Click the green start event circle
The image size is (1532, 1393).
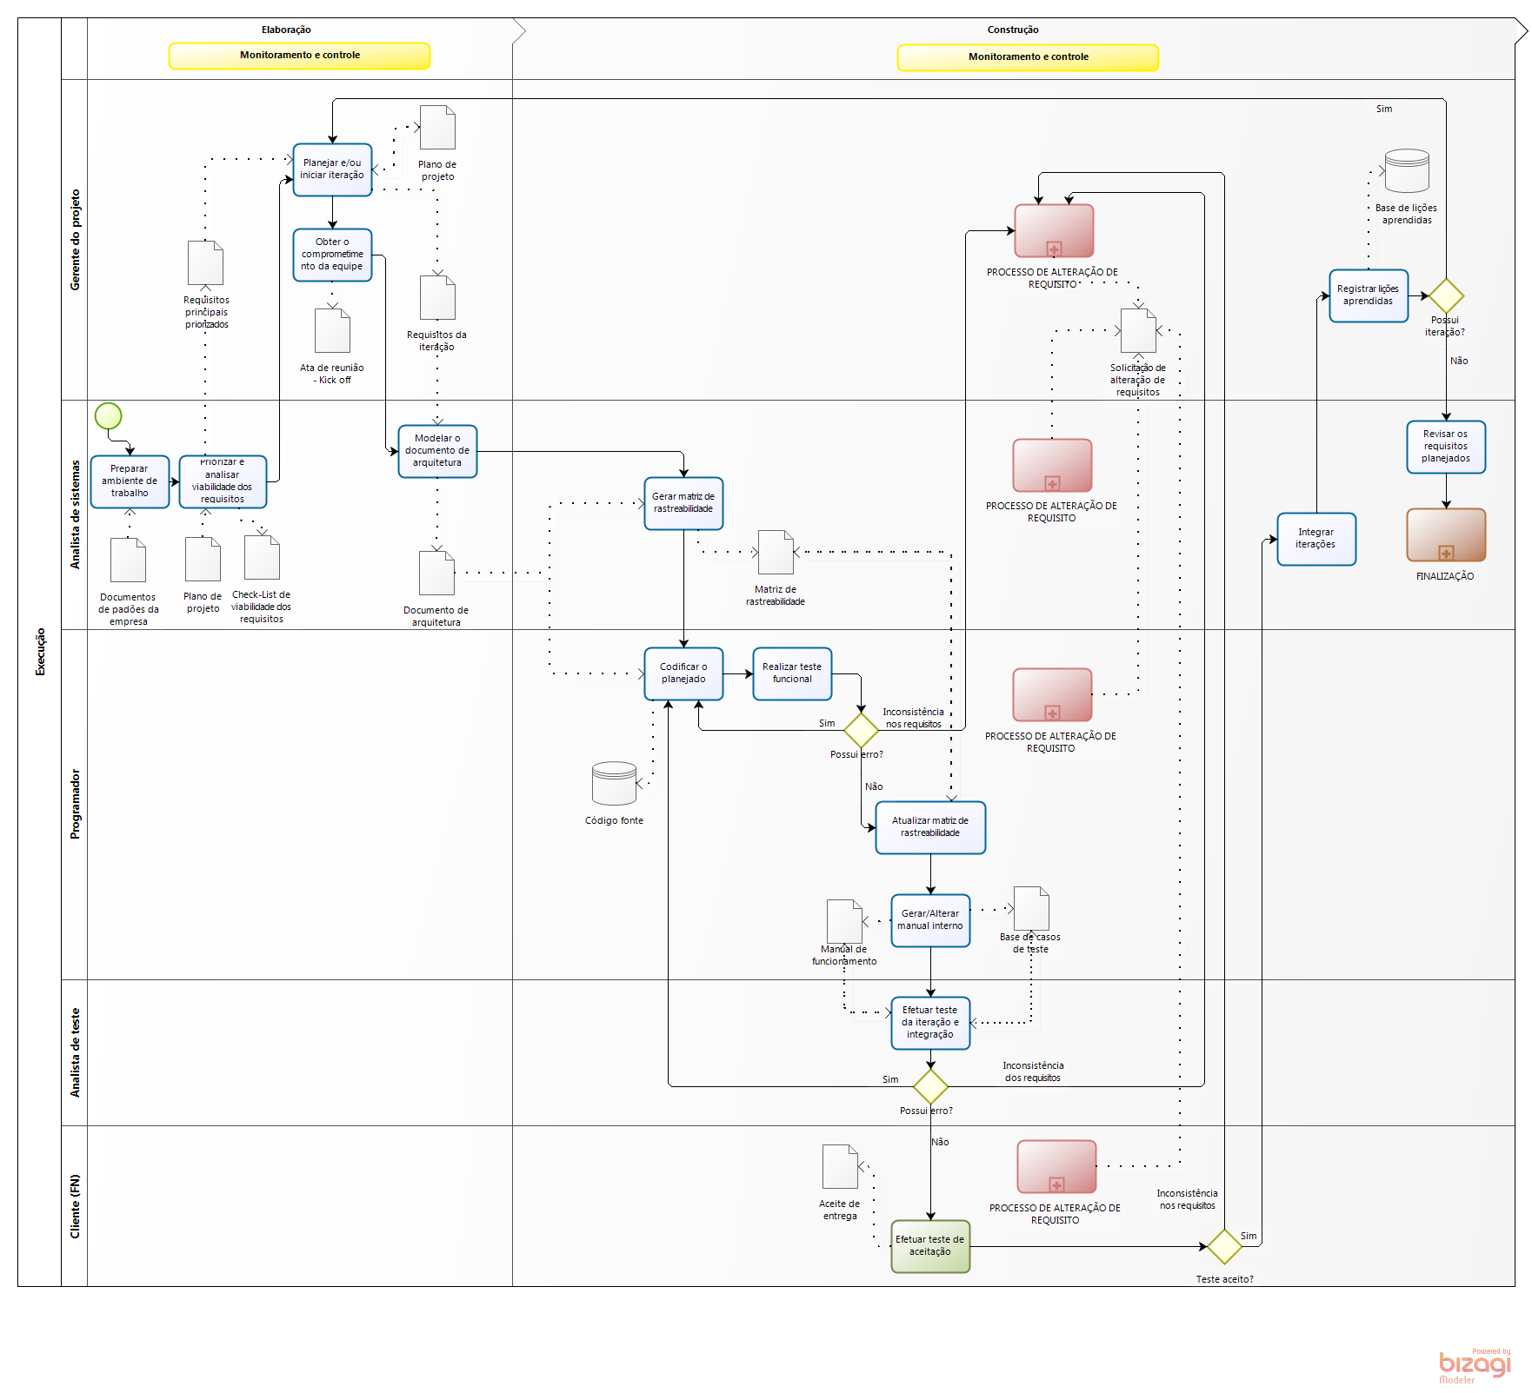point(108,416)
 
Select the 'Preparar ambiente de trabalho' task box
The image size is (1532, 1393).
point(130,481)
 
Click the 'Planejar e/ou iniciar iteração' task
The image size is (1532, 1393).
point(332,169)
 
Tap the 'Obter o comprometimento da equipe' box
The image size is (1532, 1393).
point(332,255)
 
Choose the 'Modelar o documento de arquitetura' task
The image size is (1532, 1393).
point(437,451)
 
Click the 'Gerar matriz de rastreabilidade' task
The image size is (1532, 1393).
point(683,503)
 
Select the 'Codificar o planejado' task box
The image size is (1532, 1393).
point(683,673)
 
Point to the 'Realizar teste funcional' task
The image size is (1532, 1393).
point(792,673)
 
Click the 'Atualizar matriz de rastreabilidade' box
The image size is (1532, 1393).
point(930,827)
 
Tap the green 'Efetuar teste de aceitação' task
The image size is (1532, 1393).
point(930,1246)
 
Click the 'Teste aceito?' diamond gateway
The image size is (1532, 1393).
point(1224,1246)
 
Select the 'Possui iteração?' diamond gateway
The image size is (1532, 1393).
point(1446,295)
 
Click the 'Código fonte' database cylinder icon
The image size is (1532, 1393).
point(614,783)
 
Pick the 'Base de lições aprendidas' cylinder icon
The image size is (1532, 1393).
point(1407,170)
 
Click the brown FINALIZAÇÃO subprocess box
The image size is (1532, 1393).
point(1446,534)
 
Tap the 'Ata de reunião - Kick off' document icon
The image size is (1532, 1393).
point(332,331)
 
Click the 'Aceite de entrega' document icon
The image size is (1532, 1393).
point(840,1166)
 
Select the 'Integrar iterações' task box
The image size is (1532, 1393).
point(1316,539)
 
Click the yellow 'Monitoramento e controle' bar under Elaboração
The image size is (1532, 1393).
point(299,56)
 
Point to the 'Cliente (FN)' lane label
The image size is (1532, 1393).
point(75,1206)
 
